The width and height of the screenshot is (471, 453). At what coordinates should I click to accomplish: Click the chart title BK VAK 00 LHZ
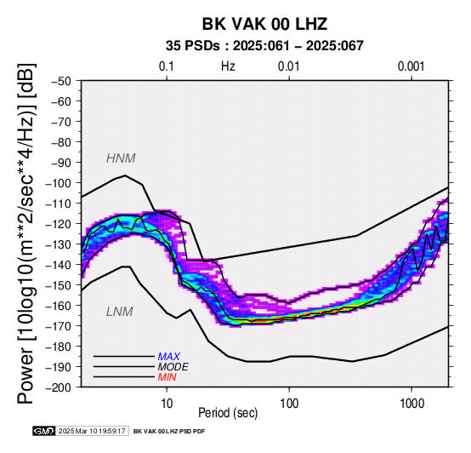pyautogui.click(x=264, y=24)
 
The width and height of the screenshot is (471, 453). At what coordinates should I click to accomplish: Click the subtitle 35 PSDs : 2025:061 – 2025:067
pyautogui.click(x=264, y=46)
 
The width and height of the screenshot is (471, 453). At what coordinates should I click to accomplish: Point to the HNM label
pyautogui.click(x=121, y=158)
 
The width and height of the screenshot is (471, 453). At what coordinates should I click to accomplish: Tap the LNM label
pyautogui.click(x=120, y=312)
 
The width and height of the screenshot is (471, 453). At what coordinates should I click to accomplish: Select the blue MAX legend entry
pyautogui.click(x=169, y=357)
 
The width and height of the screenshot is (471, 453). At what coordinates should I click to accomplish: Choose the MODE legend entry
pyautogui.click(x=173, y=367)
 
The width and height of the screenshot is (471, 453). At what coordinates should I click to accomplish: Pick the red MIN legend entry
pyautogui.click(x=167, y=377)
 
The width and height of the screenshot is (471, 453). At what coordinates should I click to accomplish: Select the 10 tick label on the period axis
pyautogui.click(x=167, y=404)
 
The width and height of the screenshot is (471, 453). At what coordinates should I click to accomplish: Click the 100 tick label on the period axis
pyautogui.click(x=289, y=404)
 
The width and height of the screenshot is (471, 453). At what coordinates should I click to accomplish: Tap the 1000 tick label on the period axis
pyautogui.click(x=411, y=404)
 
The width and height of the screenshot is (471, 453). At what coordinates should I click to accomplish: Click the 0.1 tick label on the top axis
pyautogui.click(x=167, y=66)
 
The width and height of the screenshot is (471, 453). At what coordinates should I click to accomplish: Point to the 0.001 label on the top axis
pyautogui.click(x=411, y=66)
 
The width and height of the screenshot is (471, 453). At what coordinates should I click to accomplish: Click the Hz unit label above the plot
pyautogui.click(x=228, y=66)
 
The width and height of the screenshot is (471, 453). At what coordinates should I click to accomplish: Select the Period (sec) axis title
pyautogui.click(x=228, y=413)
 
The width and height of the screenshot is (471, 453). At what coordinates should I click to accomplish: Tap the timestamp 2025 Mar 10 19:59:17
pyautogui.click(x=92, y=431)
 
